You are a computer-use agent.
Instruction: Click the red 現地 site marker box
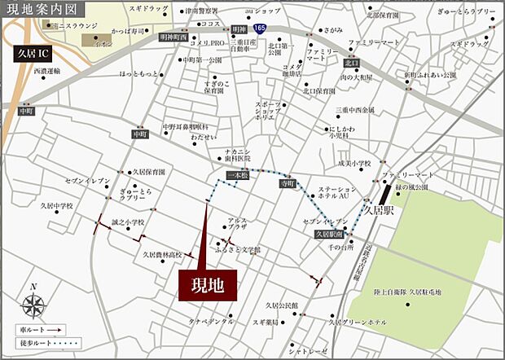coord(208,285)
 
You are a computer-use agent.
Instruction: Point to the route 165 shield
coord(258,29)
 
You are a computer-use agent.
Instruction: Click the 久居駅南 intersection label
coord(328,235)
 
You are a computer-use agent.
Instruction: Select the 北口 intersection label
coord(351,63)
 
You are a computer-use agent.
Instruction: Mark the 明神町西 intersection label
coord(173,37)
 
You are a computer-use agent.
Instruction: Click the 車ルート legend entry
coord(39,330)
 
